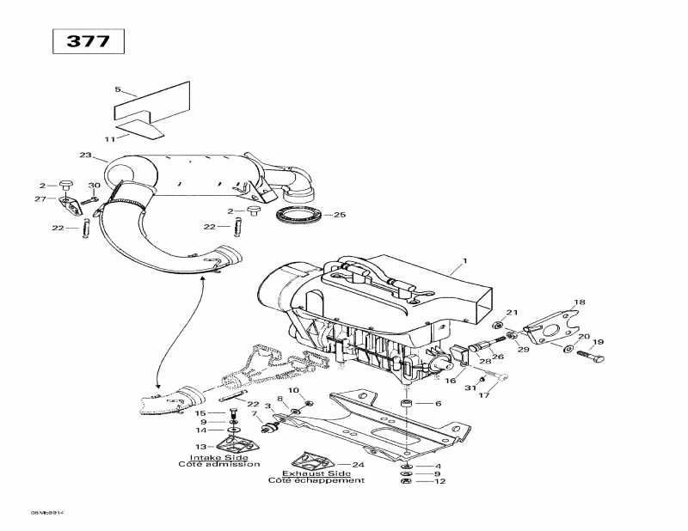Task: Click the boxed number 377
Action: point(89,41)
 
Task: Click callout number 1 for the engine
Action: point(464,261)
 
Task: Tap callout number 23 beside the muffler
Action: point(85,156)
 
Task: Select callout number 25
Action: point(339,215)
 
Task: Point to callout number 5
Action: point(119,89)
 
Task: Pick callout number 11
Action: point(109,138)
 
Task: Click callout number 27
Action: point(40,199)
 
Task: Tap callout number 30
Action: point(95,186)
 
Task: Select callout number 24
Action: point(358,465)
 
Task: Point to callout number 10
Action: point(292,391)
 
